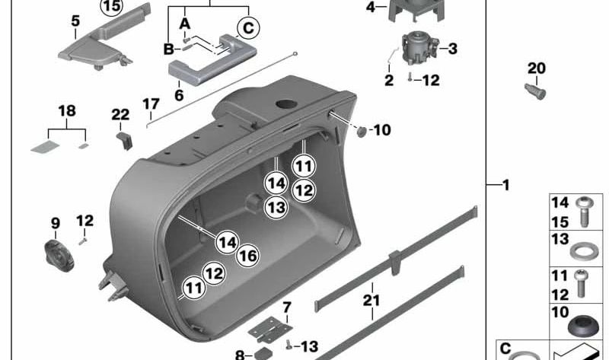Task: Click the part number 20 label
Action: [536, 68]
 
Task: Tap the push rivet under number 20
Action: [536, 91]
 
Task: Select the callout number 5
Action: [75, 21]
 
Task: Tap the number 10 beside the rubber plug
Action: [381, 130]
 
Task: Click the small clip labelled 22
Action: [125, 140]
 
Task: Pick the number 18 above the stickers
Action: [67, 111]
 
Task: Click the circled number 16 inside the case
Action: [247, 256]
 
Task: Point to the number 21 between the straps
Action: [371, 301]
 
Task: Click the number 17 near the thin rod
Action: [150, 103]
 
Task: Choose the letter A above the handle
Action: [184, 24]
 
